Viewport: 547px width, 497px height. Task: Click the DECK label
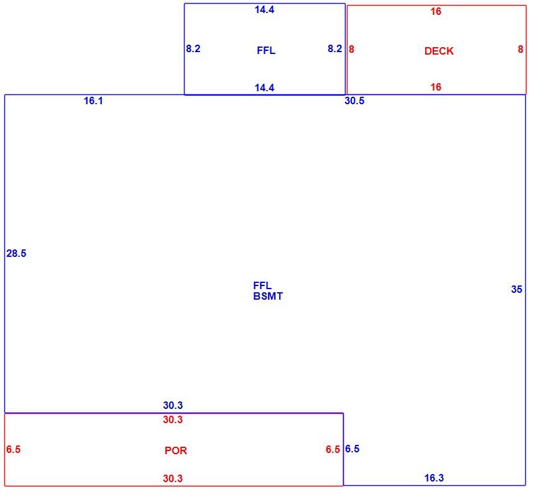438,51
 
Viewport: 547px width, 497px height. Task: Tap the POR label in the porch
175,450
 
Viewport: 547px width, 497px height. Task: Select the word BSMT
268,296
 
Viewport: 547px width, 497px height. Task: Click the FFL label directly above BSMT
262,285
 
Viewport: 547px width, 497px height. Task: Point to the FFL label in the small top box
266,50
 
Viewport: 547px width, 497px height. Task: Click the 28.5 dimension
16,253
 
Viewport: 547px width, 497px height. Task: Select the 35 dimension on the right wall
517,289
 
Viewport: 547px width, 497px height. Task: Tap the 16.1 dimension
93,101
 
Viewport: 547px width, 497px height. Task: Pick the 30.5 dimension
354,101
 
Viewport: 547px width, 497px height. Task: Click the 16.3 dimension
434,478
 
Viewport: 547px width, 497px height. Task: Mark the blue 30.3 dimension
173,405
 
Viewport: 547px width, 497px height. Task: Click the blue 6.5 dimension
352,449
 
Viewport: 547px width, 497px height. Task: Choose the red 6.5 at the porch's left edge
13,449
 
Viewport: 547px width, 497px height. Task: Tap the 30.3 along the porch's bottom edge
173,478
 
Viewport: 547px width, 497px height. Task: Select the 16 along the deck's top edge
436,12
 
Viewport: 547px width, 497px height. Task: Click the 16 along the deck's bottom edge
436,87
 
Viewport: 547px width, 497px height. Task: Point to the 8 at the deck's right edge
520,49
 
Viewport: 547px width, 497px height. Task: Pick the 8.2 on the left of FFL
193,48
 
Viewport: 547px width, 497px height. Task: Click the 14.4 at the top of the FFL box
264,9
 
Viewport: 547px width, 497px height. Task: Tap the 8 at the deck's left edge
351,49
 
